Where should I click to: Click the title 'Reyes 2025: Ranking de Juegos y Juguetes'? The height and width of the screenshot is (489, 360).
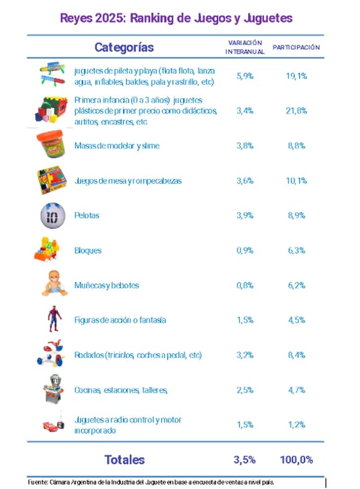click(176, 18)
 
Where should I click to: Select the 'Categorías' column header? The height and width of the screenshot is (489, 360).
click(124, 47)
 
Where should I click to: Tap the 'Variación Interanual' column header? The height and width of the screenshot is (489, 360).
click(245, 47)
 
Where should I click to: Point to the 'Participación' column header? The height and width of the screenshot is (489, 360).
click(296, 47)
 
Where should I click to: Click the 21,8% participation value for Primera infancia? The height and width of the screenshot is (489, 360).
click(296, 111)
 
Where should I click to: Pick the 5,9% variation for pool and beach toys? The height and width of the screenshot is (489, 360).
click(245, 76)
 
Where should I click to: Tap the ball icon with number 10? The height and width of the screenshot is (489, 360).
click(52, 215)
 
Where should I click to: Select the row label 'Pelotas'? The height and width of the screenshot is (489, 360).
click(87, 215)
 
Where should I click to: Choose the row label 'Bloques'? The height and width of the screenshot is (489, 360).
click(88, 250)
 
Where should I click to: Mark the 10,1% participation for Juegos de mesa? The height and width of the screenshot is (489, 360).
click(296, 181)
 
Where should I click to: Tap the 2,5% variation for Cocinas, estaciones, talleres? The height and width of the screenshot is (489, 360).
click(245, 390)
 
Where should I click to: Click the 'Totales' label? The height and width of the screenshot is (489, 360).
click(124, 460)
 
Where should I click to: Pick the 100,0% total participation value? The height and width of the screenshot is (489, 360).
click(296, 460)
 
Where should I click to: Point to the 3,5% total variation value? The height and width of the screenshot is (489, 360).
click(245, 460)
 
